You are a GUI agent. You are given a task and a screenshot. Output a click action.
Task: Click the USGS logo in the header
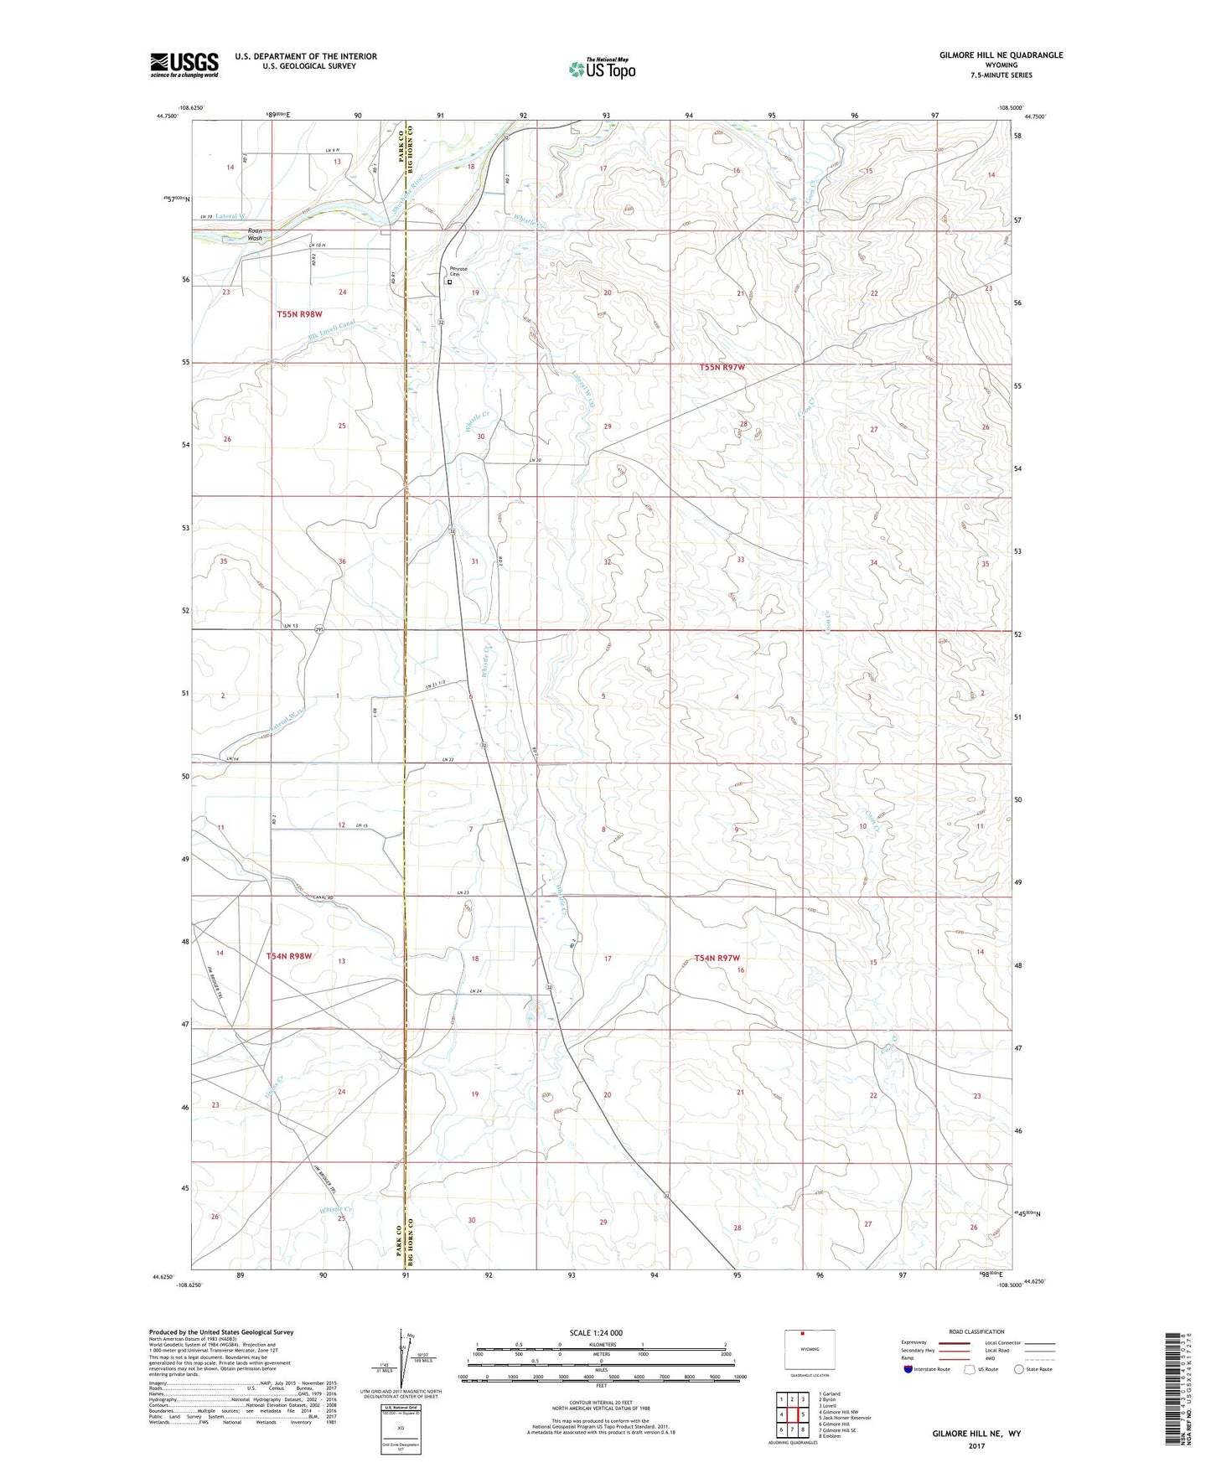(x=184, y=65)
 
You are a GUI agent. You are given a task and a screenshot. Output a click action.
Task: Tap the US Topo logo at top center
(x=602, y=68)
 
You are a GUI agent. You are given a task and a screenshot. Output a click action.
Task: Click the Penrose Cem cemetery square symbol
(x=449, y=282)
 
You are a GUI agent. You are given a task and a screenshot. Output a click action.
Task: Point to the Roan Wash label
(x=255, y=235)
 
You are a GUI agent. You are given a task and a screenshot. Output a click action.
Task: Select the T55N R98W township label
(x=299, y=314)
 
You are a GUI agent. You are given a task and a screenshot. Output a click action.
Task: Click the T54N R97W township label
(x=718, y=958)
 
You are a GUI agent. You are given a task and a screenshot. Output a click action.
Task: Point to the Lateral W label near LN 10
(x=231, y=216)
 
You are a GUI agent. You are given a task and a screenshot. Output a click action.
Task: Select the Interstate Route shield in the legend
(x=909, y=1369)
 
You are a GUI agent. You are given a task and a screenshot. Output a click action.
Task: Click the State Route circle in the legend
(x=1019, y=1369)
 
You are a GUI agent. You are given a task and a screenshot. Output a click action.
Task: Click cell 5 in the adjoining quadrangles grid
(x=803, y=1414)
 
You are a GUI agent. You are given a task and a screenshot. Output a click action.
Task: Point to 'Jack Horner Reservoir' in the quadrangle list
(x=847, y=1418)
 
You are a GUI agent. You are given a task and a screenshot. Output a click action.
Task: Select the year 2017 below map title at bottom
(x=976, y=1446)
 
